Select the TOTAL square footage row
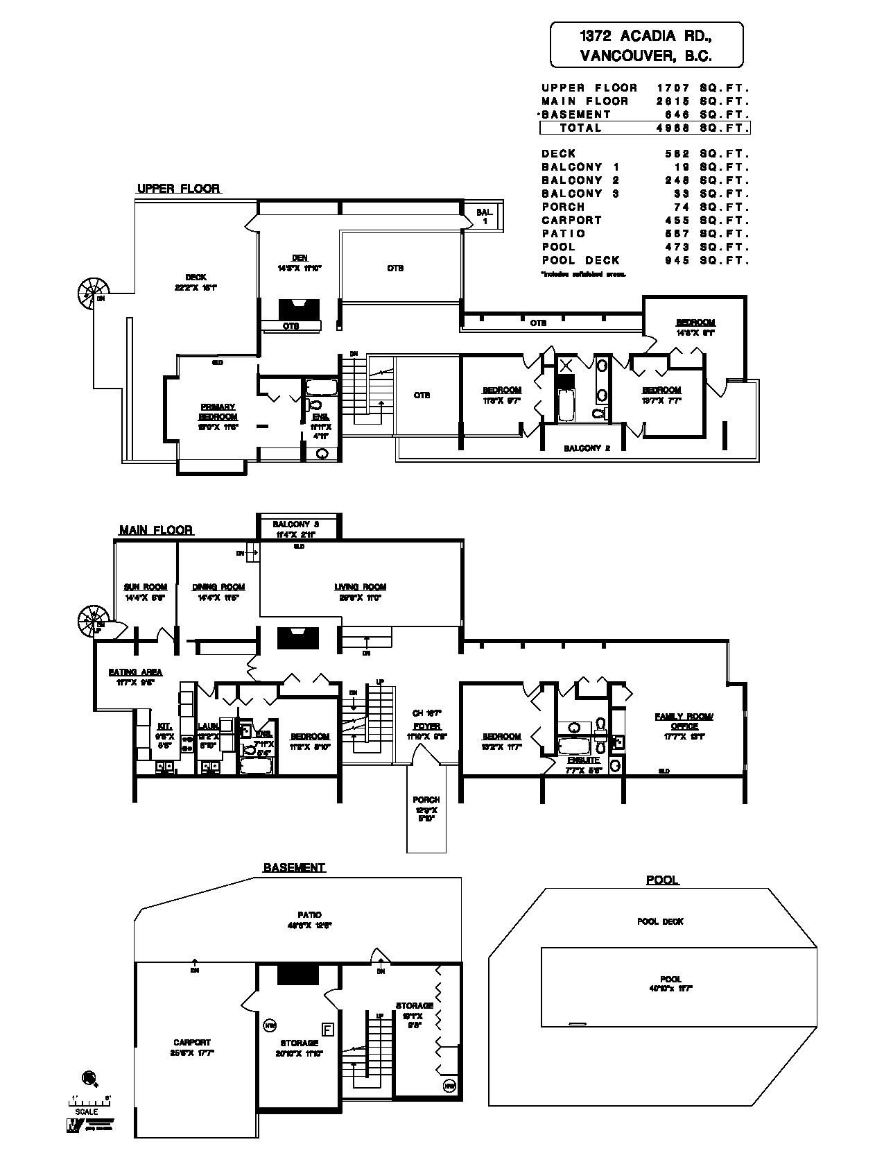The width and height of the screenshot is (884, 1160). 644,128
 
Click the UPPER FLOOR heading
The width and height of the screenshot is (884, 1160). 178,189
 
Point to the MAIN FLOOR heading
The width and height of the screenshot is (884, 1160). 155,530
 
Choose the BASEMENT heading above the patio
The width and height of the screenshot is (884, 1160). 294,867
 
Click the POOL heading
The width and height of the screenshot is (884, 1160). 662,880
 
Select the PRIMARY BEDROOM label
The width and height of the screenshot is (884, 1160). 218,412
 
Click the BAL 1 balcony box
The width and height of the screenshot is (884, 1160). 485,216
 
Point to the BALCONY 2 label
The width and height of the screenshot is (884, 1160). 587,448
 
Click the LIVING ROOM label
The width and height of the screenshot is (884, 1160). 360,587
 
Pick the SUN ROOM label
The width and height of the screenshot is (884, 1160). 146,587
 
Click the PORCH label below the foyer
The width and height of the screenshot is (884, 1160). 426,800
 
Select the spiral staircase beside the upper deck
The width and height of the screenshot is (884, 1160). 92,292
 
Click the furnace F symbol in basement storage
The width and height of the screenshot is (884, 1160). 328,1029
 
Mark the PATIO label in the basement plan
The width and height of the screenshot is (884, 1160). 309,915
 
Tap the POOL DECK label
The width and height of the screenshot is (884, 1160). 660,921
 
